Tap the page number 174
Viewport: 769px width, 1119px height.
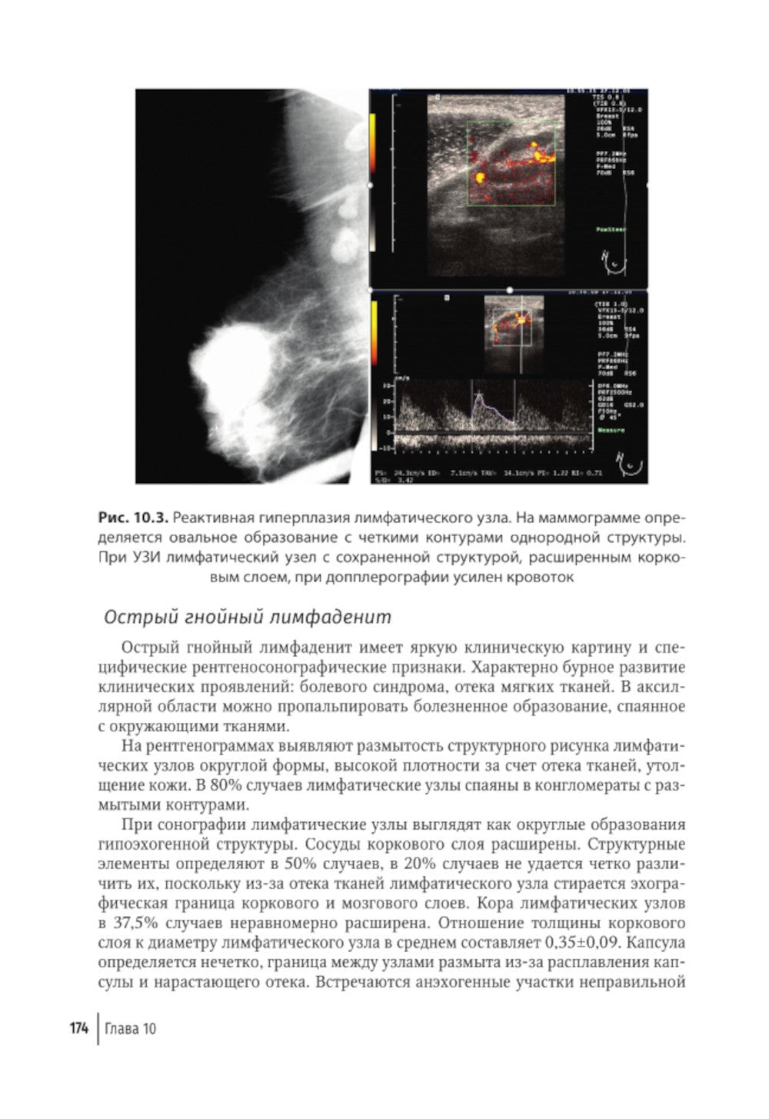(x=78, y=1028)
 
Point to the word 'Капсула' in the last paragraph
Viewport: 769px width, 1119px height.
(x=657, y=942)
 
